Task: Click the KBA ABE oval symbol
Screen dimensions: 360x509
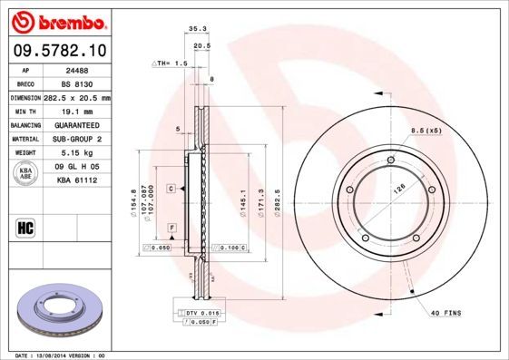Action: pyautogui.click(x=26, y=173)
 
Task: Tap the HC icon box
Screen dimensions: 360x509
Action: pyautogui.click(x=26, y=227)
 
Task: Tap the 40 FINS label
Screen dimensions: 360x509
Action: pyautogui.click(x=446, y=314)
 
